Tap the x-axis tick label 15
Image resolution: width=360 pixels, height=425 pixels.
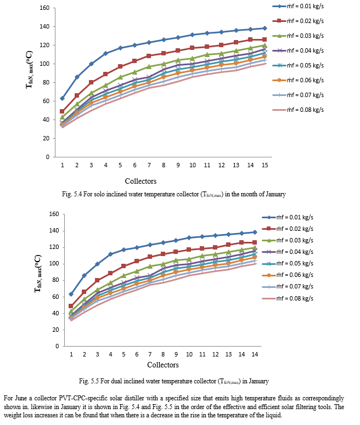(265, 165)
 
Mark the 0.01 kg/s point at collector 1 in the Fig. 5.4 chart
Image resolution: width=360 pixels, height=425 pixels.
(62, 98)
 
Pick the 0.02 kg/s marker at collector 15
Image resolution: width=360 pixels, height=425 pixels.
(265, 39)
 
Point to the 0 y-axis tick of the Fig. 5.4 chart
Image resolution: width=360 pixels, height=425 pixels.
(49, 157)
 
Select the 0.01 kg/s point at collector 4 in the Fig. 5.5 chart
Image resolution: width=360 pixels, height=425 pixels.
(110, 254)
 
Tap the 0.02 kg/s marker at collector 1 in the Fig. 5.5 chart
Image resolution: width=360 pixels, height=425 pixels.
(71, 306)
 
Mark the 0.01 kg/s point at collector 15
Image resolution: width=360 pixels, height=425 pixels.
(265, 28)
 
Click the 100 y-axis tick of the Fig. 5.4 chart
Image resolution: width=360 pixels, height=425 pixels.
(46, 64)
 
